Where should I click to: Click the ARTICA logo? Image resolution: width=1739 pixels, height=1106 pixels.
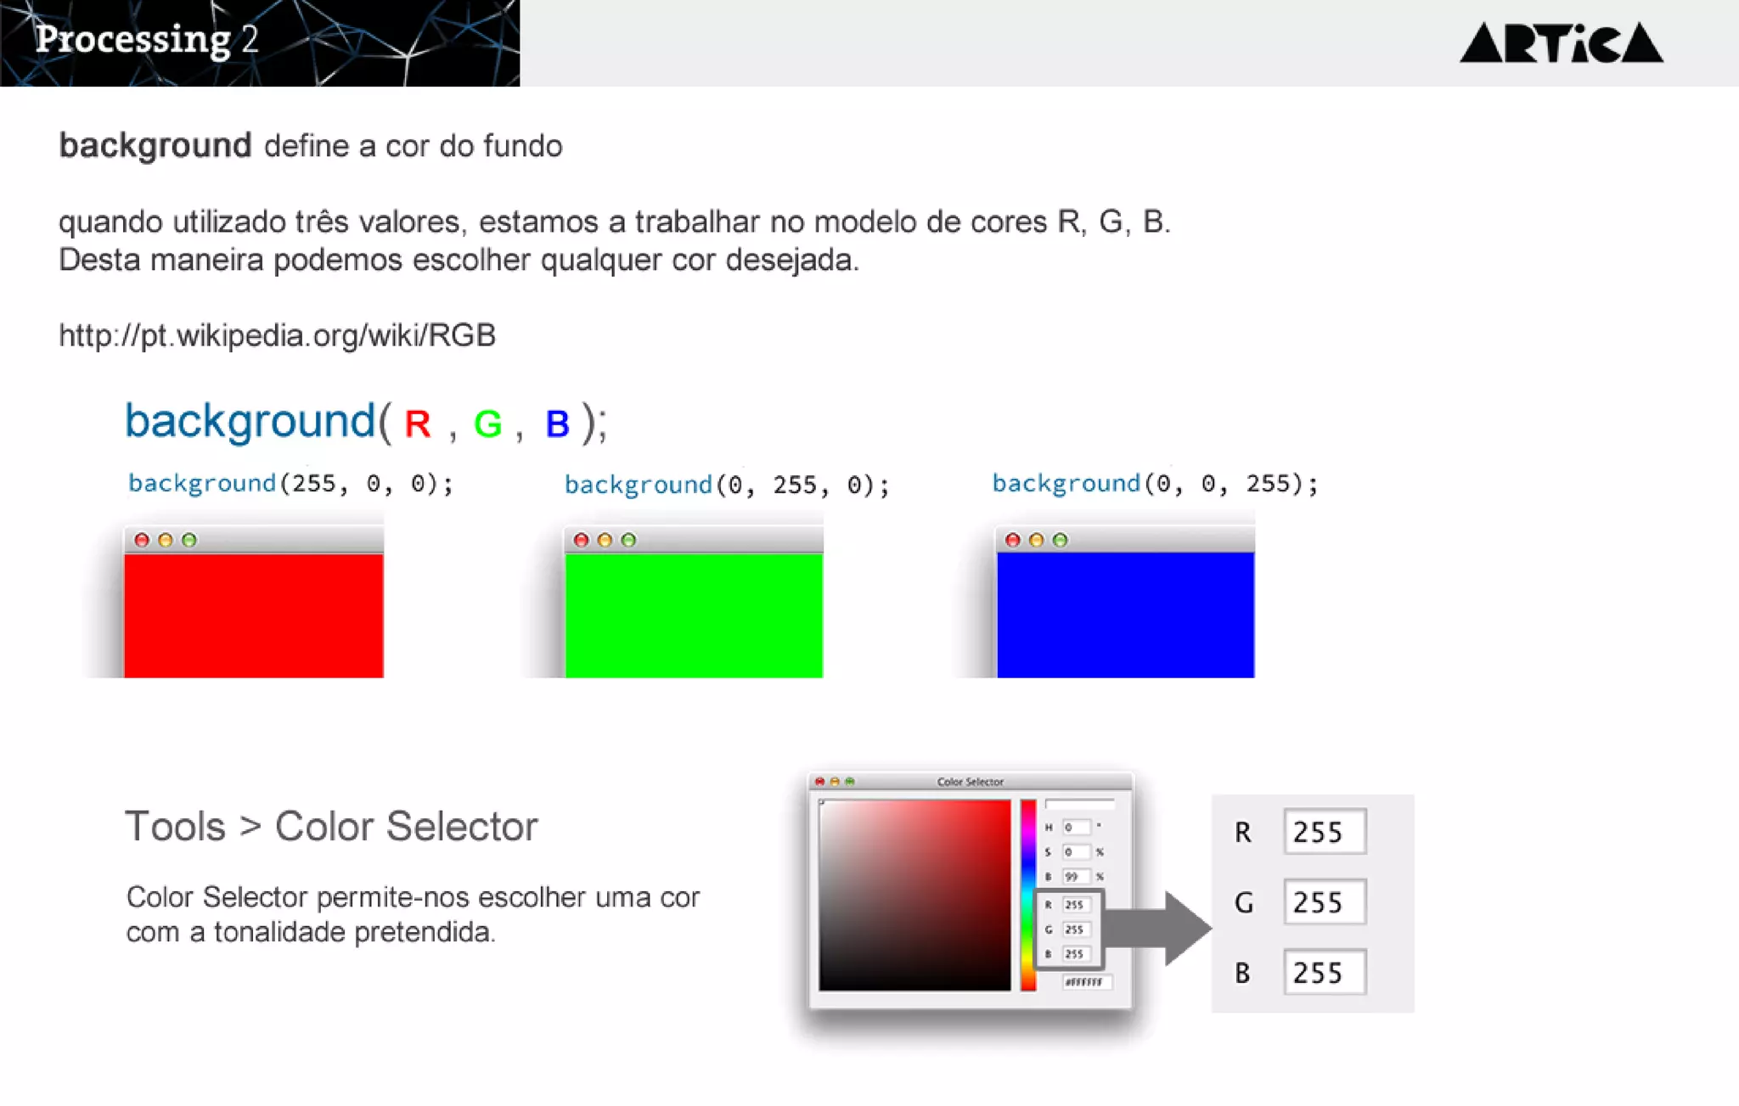(1561, 43)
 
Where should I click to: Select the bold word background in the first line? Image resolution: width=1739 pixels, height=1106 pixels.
(155, 146)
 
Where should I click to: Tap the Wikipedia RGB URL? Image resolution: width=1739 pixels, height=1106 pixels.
(277, 335)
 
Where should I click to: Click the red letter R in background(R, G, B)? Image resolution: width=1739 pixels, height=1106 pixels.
(418, 424)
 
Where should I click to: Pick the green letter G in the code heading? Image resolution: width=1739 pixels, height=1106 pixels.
(487, 424)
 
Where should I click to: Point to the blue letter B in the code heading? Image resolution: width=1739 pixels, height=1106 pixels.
(557, 424)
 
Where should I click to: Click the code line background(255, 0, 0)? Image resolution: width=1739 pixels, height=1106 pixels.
(290, 484)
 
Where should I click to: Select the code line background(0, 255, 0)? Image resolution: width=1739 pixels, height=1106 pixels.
(727, 486)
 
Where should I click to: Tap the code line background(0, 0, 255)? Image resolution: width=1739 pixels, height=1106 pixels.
(1155, 484)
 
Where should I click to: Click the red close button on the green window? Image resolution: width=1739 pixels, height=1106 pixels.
(581, 540)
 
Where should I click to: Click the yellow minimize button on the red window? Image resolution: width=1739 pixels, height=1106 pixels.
(166, 540)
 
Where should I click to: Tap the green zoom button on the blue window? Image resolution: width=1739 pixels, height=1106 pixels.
(1060, 540)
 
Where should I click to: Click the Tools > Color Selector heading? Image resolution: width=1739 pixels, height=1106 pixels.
(331, 826)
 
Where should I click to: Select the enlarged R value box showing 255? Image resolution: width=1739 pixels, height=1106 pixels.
(1324, 832)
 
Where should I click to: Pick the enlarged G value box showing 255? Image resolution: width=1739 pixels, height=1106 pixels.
(1324, 902)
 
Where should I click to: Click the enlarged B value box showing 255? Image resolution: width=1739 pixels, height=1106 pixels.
(1324, 973)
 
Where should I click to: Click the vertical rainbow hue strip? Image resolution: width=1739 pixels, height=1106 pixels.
(1028, 895)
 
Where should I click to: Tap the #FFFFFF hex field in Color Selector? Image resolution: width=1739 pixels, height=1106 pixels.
(1086, 982)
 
